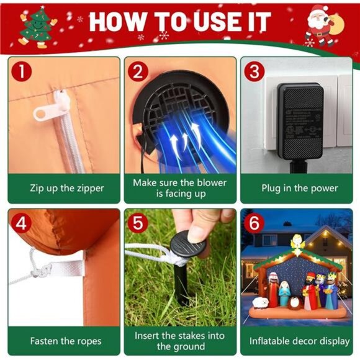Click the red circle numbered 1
[21, 71]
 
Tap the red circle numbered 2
[138, 71]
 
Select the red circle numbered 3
[254, 71]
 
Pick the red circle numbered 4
[21, 223]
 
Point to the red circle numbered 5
[138, 223]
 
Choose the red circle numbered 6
[254, 223]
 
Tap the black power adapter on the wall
[300, 122]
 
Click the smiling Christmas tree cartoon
[38, 27]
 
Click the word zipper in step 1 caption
[90, 189]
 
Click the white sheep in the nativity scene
[260, 302]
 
